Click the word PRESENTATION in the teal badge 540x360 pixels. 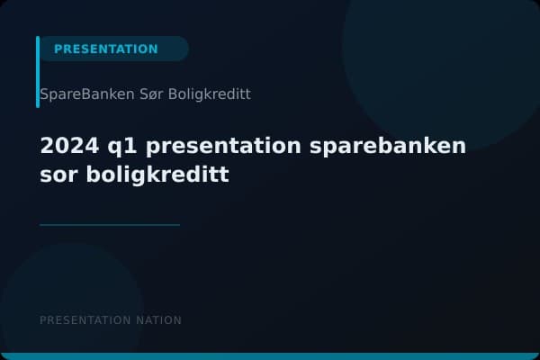105,49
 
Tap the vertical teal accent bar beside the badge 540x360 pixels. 38,72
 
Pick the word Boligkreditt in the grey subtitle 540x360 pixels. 209,94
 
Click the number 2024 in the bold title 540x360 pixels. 65,146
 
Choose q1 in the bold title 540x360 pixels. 112,147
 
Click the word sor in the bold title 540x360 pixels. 58,175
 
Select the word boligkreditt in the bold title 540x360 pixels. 157,175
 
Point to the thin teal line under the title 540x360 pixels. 110,224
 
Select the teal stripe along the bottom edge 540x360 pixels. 270,356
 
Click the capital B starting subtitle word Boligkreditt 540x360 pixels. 172,94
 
